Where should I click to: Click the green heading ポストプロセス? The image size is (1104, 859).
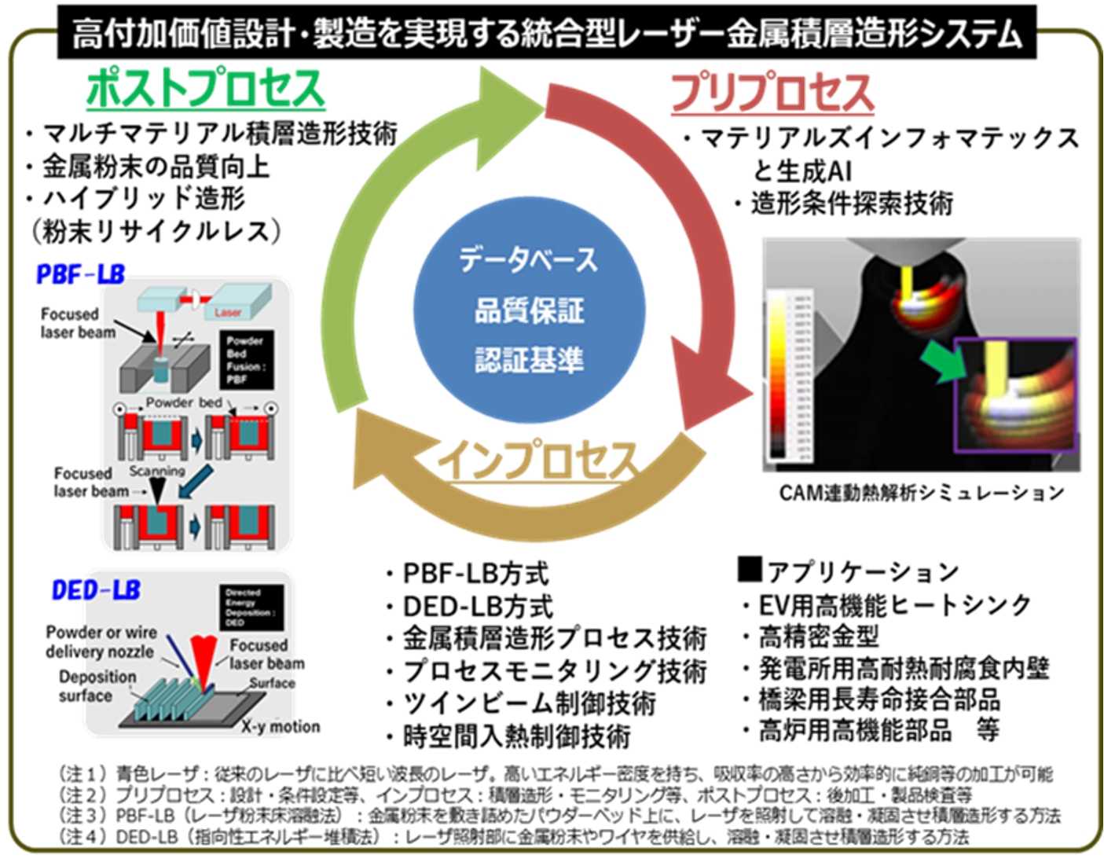tap(205, 88)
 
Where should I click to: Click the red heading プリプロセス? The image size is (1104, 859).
tap(772, 93)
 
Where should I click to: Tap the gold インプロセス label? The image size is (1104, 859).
tap(537, 460)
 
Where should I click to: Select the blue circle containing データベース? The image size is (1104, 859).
tap(529, 310)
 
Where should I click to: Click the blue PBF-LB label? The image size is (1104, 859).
tap(80, 274)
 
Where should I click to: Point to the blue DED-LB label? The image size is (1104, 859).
tap(96, 590)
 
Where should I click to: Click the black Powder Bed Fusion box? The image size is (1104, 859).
tap(246, 360)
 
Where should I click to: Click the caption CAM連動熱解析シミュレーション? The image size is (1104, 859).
tap(921, 493)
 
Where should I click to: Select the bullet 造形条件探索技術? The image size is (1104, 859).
tap(851, 204)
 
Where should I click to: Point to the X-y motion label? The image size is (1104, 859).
tap(281, 726)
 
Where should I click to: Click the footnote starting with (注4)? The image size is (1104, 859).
tap(515, 836)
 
